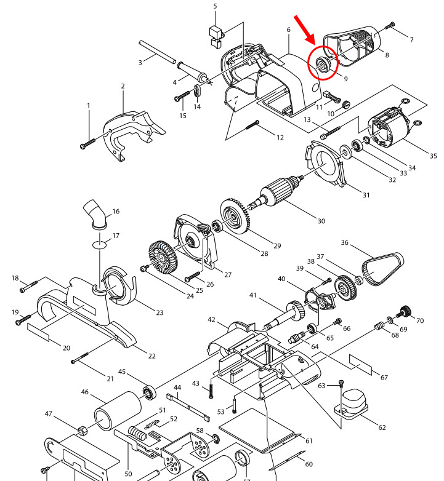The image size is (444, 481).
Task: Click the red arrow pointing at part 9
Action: point(307,30)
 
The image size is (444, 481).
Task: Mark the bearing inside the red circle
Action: point(322,65)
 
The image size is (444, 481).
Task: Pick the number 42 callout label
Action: point(211,320)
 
